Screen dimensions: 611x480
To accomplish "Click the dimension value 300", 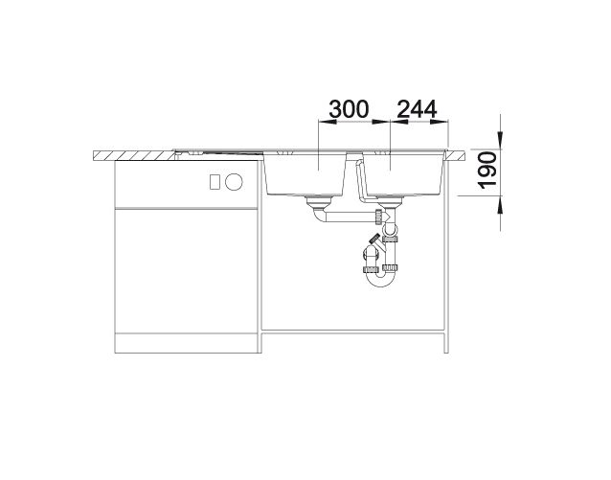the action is tap(349, 109).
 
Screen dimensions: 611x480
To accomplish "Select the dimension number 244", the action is tap(417, 109).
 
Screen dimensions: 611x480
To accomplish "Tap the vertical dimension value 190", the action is tap(487, 171).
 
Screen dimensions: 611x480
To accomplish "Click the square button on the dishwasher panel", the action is tap(215, 182).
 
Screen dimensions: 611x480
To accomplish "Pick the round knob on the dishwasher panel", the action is tap(234, 182).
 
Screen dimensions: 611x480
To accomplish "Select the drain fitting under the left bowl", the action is tap(318, 201).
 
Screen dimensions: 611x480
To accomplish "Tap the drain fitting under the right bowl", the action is tap(390, 201).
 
